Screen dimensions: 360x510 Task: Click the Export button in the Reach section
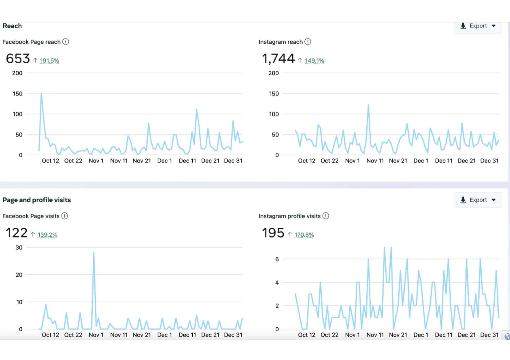pyautogui.click(x=478, y=26)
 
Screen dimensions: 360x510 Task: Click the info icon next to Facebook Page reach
pyautogui.click(x=66, y=42)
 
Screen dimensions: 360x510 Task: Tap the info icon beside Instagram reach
pyautogui.click(x=308, y=42)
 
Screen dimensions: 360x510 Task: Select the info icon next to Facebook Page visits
pyautogui.click(x=64, y=216)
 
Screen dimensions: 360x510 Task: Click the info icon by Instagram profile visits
pyautogui.click(x=325, y=216)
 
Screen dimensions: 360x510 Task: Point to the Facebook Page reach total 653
pyautogui.click(x=18, y=59)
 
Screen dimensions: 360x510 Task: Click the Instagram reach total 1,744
pyautogui.click(x=278, y=59)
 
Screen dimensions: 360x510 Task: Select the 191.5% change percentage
pyautogui.click(x=49, y=61)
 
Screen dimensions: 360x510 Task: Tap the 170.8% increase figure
pyautogui.click(x=304, y=235)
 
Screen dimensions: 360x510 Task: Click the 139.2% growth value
pyautogui.click(x=47, y=235)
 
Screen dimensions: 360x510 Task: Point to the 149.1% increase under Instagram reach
pyautogui.click(x=314, y=61)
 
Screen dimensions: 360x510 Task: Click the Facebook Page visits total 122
pyautogui.click(x=17, y=233)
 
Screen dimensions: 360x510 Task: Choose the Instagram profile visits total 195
pyautogui.click(x=273, y=233)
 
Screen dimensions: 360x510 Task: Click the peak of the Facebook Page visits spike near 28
pyautogui.click(x=94, y=253)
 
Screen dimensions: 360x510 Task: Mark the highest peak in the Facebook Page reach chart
pyautogui.click(x=41, y=94)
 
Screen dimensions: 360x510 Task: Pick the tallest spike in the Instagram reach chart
pyautogui.click(x=368, y=105)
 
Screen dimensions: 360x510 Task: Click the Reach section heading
pyautogui.click(x=12, y=26)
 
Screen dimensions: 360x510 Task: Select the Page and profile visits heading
pyautogui.click(x=36, y=200)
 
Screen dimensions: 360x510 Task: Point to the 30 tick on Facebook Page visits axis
pyautogui.click(x=19, y=247)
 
